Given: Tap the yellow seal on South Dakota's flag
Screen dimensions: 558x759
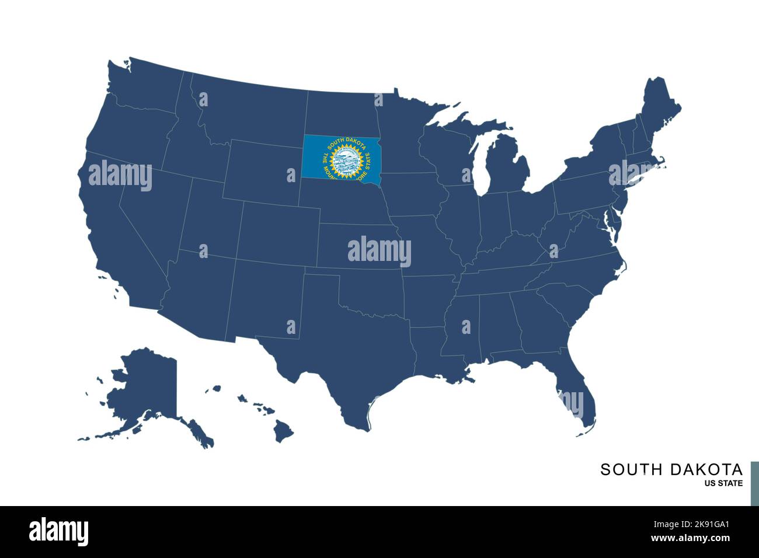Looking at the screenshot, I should point(347,161).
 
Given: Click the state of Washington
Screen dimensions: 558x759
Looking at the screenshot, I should point(146,88).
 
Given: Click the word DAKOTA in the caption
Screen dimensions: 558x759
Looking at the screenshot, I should point(706,470).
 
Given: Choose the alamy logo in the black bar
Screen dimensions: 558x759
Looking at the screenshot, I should point(59,531).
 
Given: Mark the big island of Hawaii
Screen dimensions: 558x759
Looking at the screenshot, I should point(284,432).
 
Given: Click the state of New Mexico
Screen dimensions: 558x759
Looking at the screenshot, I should point(263,304).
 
